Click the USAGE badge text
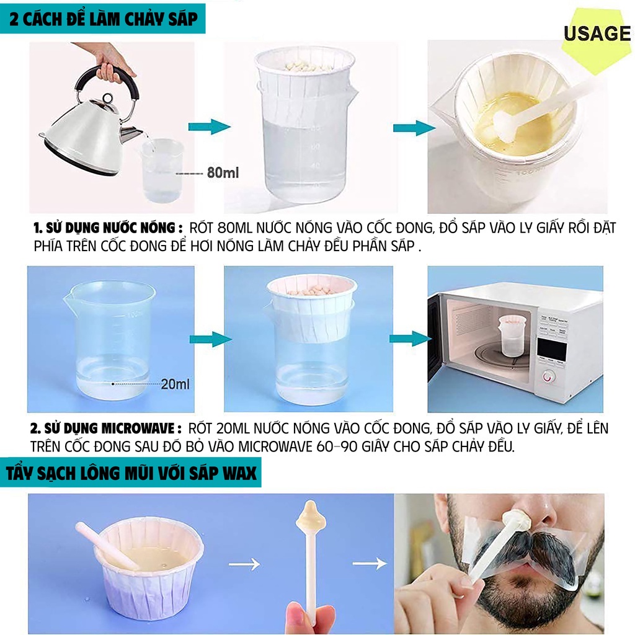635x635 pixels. click(597, 33)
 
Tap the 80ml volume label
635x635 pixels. click(223, 172)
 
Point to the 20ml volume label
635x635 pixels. click(175, 384)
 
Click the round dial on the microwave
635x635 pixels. click(548, 376)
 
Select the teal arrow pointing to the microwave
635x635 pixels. click(409, 339)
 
